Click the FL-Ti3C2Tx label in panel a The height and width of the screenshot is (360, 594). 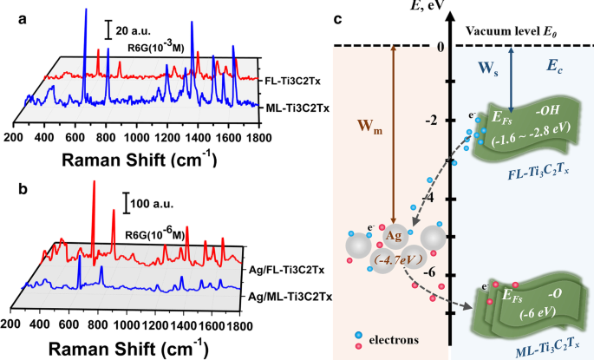coord(291,80)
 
